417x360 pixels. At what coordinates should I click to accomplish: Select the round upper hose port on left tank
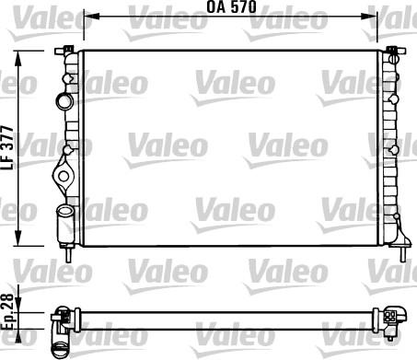[64, 100]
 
